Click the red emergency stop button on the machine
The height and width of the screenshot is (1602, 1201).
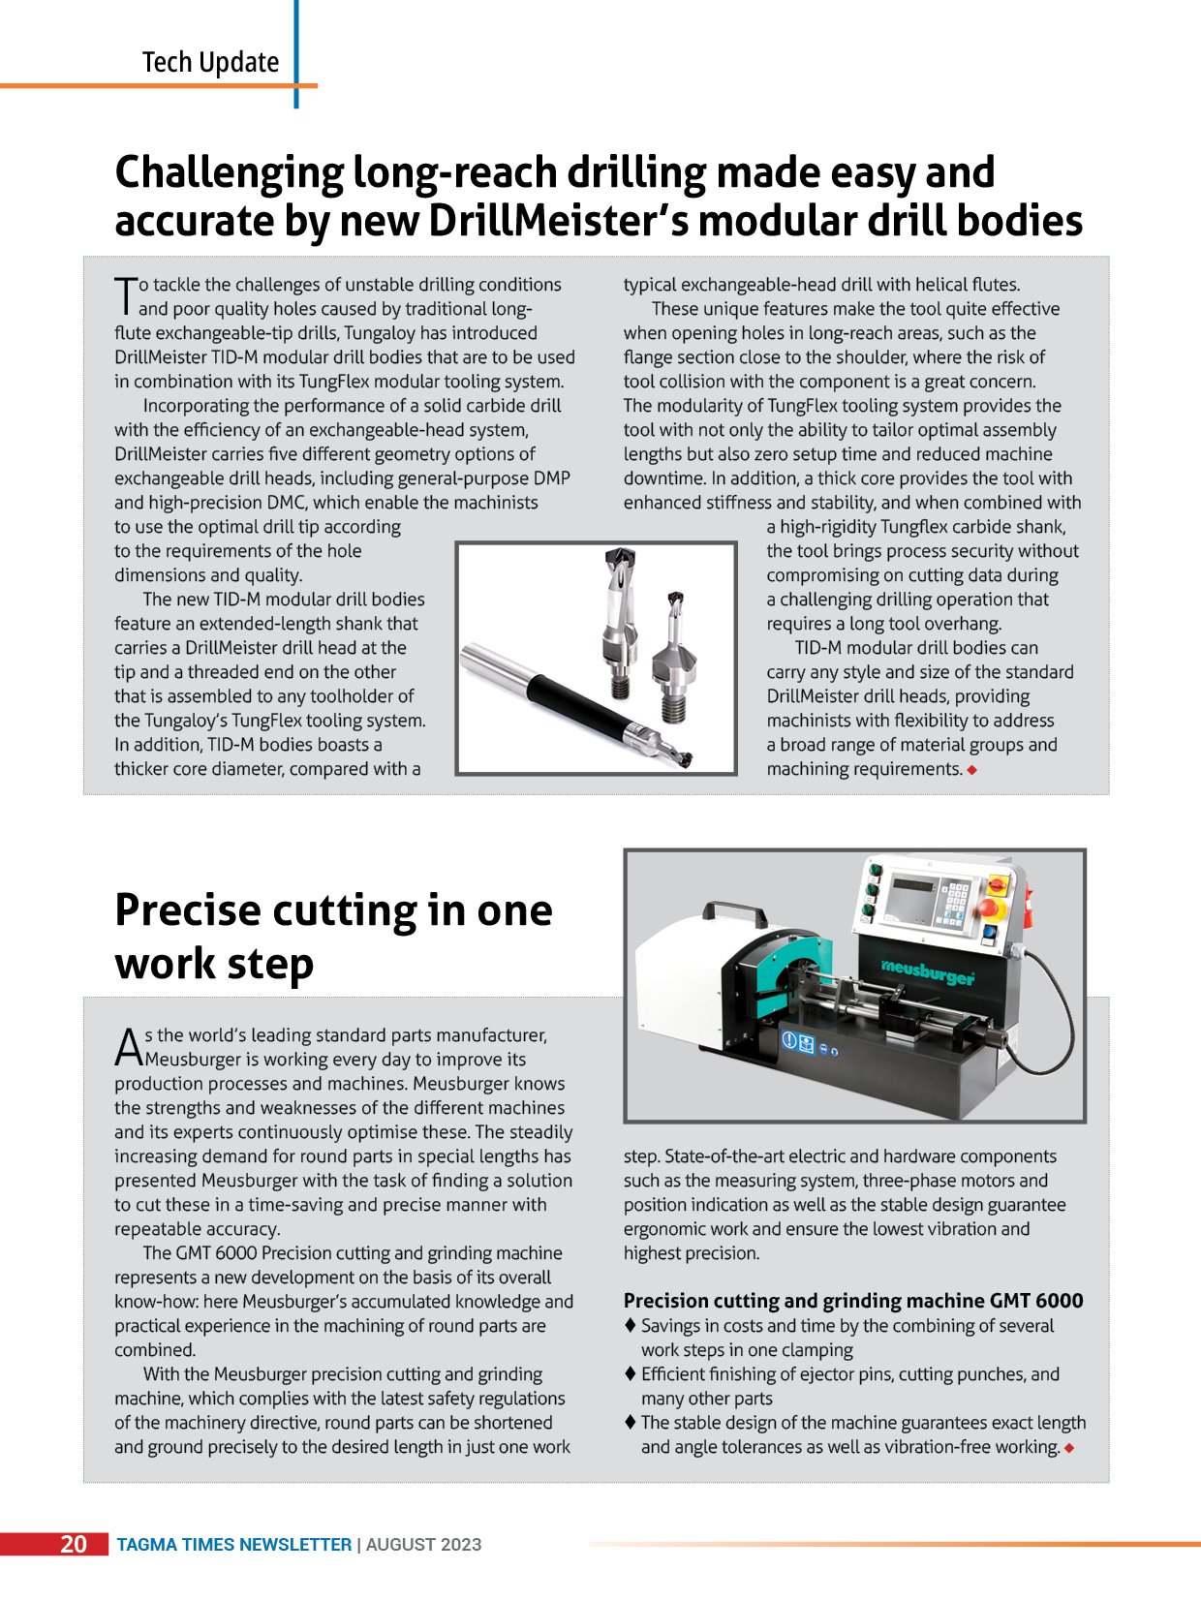click(x=990, y=908)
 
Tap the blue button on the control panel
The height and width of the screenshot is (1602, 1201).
click(x=989, y=933)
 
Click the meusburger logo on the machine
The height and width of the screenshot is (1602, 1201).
click(x=927, y=970)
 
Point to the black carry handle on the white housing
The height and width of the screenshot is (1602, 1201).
click(x=732, y=911)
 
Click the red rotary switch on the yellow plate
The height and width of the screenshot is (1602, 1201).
click(x=997, y=883)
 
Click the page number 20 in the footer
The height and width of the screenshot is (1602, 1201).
click(x=74, y=1544)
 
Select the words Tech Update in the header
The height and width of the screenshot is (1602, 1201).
click(x=210, y=63)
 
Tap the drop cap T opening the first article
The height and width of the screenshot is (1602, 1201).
click(x=125, y=295)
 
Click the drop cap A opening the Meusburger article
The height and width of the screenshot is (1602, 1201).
click(x=128, y=1046)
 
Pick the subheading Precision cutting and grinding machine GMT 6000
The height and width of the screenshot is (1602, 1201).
click(x=852, y=1301)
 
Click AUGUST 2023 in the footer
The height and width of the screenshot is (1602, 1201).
click(x=423, y=1545)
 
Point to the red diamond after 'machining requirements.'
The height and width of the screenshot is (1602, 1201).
click(x=971, y=770)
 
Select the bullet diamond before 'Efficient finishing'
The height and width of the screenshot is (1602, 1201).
click(x=631, y=1373)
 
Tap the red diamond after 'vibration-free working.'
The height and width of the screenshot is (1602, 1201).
click(x=1068, y=1448)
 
